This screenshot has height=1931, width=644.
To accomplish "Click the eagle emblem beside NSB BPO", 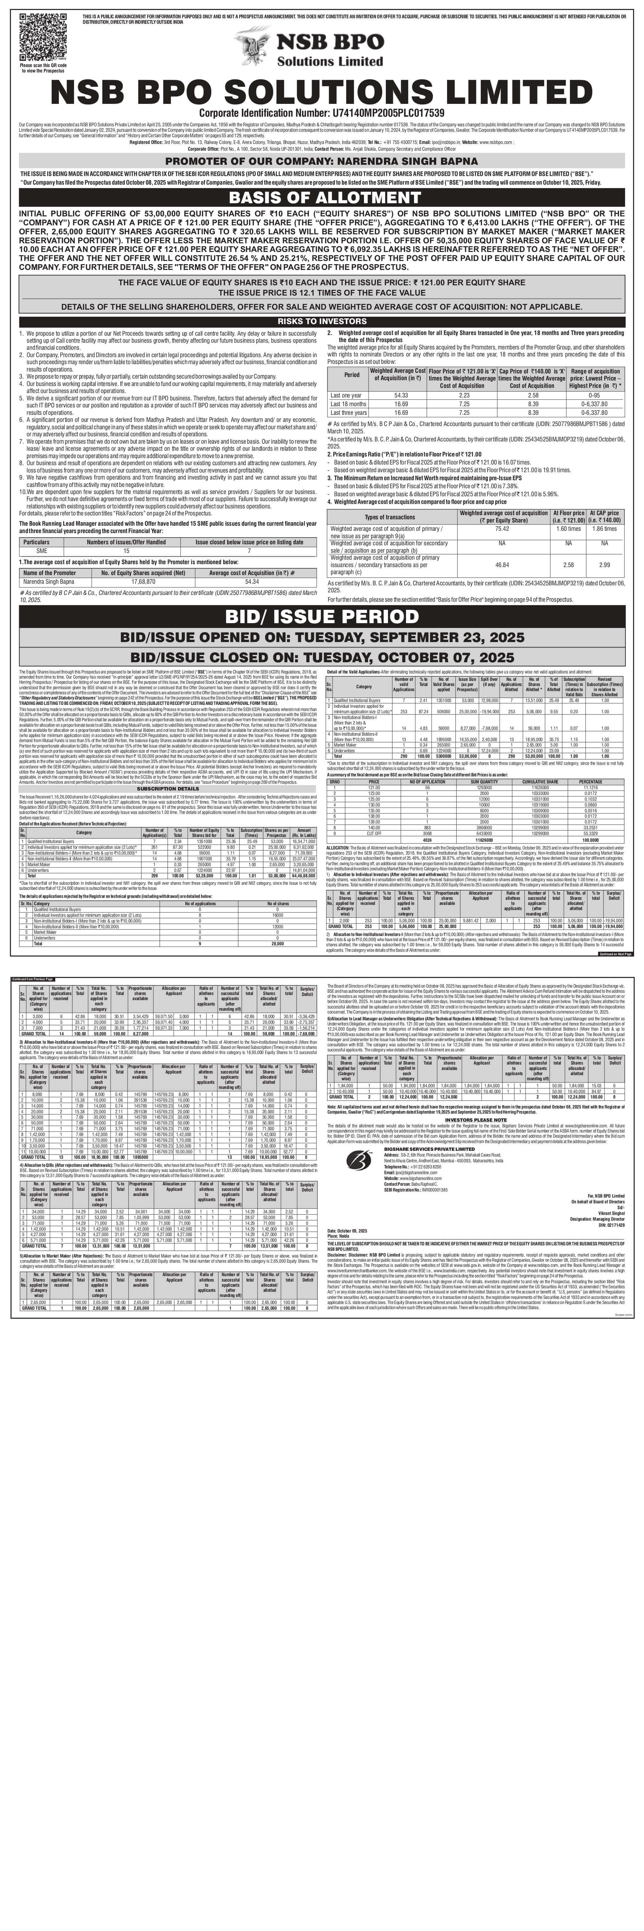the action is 253,46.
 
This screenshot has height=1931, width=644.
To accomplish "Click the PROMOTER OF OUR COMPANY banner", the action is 322,160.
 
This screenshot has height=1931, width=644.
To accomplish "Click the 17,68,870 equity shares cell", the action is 143,581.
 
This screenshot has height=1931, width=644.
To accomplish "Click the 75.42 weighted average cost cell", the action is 502,529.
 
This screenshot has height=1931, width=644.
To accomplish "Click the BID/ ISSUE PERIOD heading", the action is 322,616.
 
